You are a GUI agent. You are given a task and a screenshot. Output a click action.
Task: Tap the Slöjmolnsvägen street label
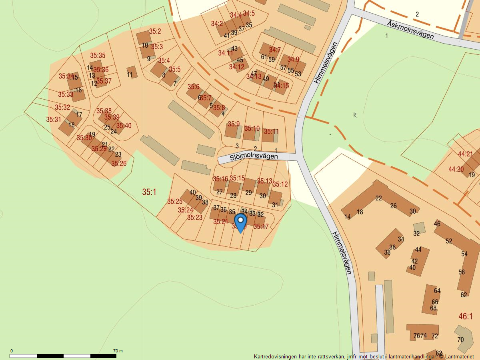tap(254, 157)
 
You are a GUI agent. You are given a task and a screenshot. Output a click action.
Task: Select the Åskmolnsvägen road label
tap(410, 30)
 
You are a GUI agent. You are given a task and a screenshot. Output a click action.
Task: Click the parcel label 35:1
tap(149, 192)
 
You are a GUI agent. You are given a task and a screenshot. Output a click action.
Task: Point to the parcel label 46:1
tap(466, 316)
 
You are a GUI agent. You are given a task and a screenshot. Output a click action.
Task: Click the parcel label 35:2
tap(155, 31)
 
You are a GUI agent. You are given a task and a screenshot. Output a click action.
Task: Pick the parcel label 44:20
tap(456, 169)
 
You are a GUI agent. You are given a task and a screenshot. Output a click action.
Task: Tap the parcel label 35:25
tap(175, 201)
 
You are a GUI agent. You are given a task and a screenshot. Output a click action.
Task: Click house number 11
tap(130, 74)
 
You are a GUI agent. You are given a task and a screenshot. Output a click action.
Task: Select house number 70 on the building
tap(460, 340)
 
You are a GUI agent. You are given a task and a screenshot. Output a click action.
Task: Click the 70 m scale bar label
tap(118, 351)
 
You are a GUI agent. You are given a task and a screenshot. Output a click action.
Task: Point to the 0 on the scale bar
tap(11, 351)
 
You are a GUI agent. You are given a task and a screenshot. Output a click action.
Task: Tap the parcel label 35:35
tap(98, 56)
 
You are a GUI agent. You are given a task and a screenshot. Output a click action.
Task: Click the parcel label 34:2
tap(217, 24)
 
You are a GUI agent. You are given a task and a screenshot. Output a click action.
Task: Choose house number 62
tap(464, 295)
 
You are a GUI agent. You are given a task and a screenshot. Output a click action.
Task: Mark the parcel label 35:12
tap(280, 184)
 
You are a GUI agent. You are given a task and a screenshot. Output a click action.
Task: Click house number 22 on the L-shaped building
tap(378, 198)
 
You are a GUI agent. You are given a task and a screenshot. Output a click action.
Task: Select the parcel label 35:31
tap(54, 119)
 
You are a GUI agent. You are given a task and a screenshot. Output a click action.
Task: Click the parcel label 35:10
tap(252, 128)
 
